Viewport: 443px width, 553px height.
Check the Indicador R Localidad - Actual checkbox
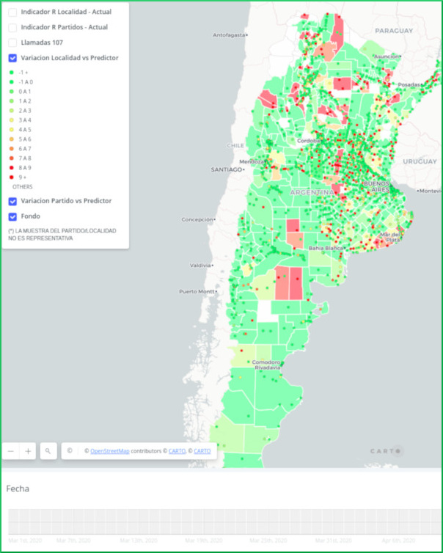pyautogui.click(x=12, y=12)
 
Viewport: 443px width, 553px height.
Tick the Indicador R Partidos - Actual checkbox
pyautogui.click(x=12, y=27)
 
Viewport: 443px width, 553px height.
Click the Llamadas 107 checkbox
pyautogui.click(x=12, y=43)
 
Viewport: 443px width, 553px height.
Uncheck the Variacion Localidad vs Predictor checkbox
pyautogui.click(x=12, y=58)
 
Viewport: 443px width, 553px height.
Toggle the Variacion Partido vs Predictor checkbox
pyautogui.click(x=12, y=201)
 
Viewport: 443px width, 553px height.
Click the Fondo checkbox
pyautogui.click(x=12, y=216)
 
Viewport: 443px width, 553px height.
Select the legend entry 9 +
pyautogui.click(x=24, y=177)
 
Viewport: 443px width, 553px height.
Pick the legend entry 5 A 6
pyautogui.click(x=24, y=139)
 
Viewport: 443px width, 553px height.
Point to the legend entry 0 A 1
pyautogui.click(x=24, y=92)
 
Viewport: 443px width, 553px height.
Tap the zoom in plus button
pyautogui.click(x=29, y=451)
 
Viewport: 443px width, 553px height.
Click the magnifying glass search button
pyautogui.click(x=48, y=451)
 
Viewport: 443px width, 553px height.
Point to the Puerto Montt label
pyautogui.click(x=197, y=292)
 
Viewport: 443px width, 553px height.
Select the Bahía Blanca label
pyautogui.click(x=327, y=248)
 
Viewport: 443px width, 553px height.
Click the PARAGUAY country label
pyautogui.click(x=395, y=31)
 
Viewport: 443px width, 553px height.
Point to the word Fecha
pyautogui.click(x=18, y=488)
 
